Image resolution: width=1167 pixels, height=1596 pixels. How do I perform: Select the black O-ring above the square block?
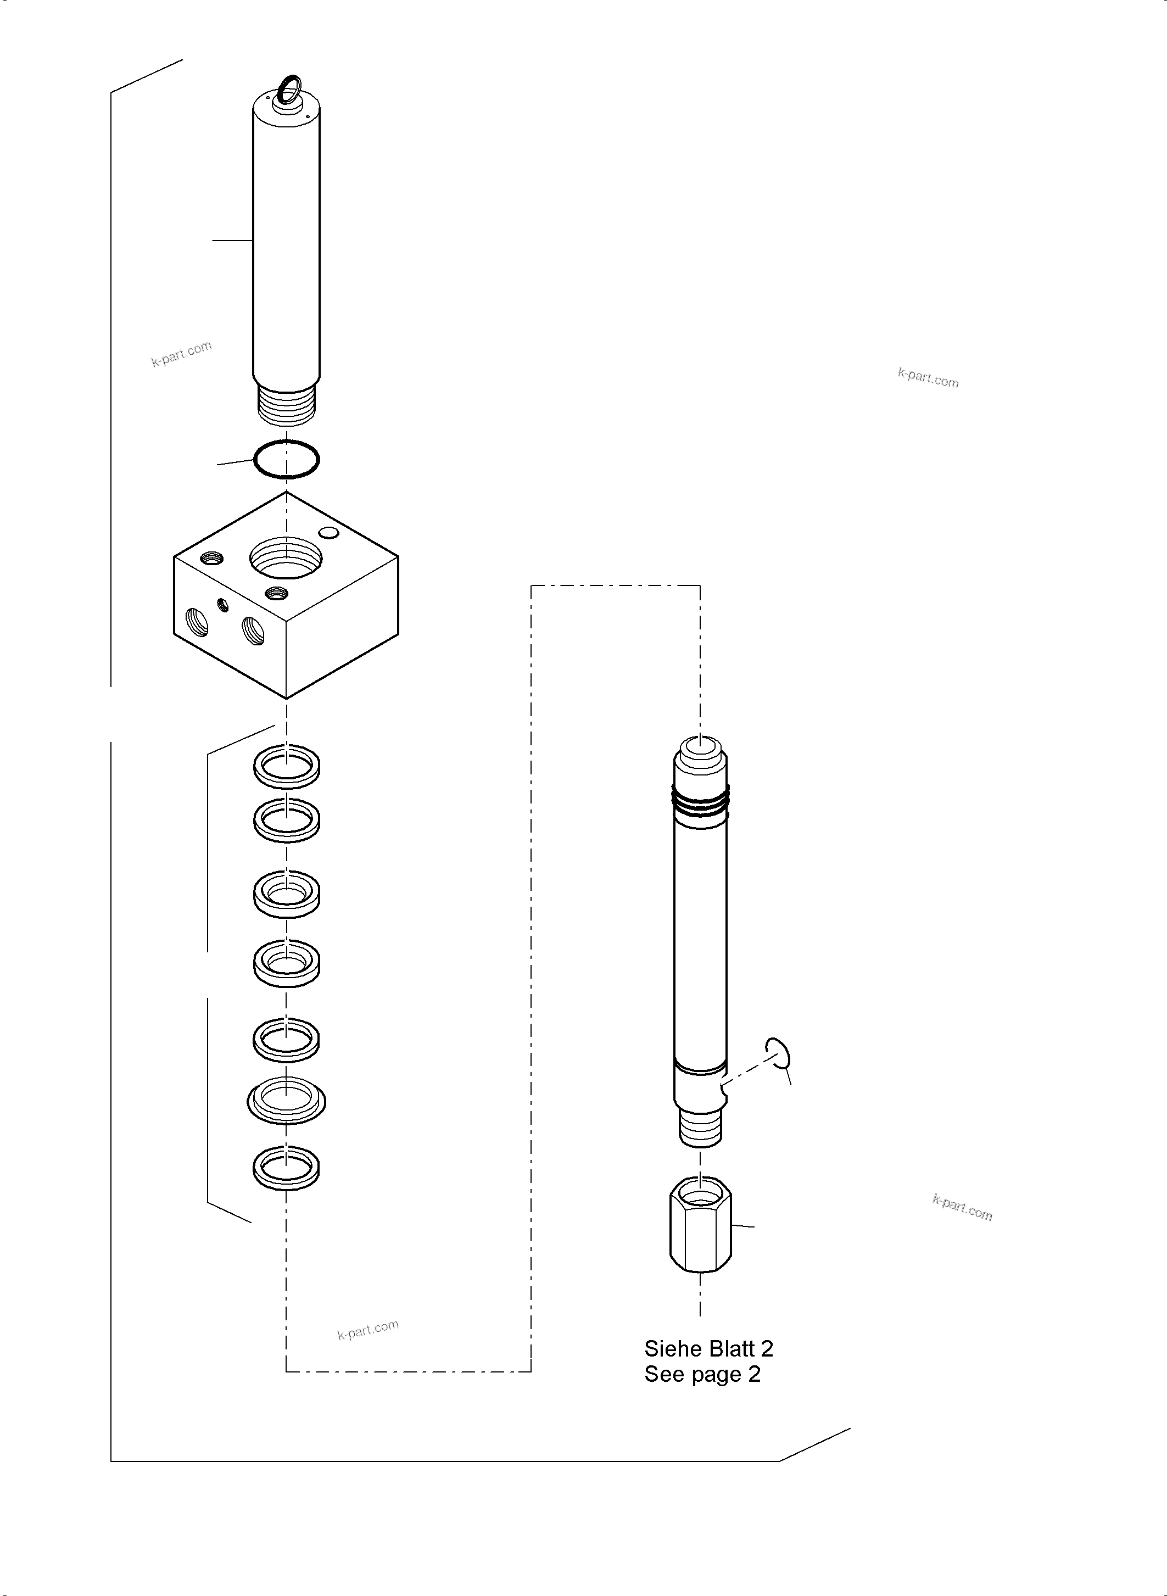pyautogui.click(x=287, y=460)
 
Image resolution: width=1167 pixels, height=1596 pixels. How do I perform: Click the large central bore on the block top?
pyautogui.click(x=286, y=557)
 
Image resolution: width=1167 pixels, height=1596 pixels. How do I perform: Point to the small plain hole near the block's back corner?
pyautogui.click(x=328, y=532)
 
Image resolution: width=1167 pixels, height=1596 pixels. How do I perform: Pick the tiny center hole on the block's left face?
pyautogui.click(x=224, y=605)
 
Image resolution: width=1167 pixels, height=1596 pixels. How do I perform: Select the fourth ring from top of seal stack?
pyautogui.click(x=286, y=962)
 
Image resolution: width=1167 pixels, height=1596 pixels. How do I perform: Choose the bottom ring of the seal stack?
pyautogui.click(x=286, y=1168)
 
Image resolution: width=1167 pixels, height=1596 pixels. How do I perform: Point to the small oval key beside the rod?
pyautogui.click(x=779, y=1057)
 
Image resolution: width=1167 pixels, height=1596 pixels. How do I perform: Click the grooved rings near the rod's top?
pyautogui.click(x=700, y=804)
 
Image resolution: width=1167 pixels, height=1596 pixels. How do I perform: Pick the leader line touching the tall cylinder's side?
pyautogui.click(x=232, y=241)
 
